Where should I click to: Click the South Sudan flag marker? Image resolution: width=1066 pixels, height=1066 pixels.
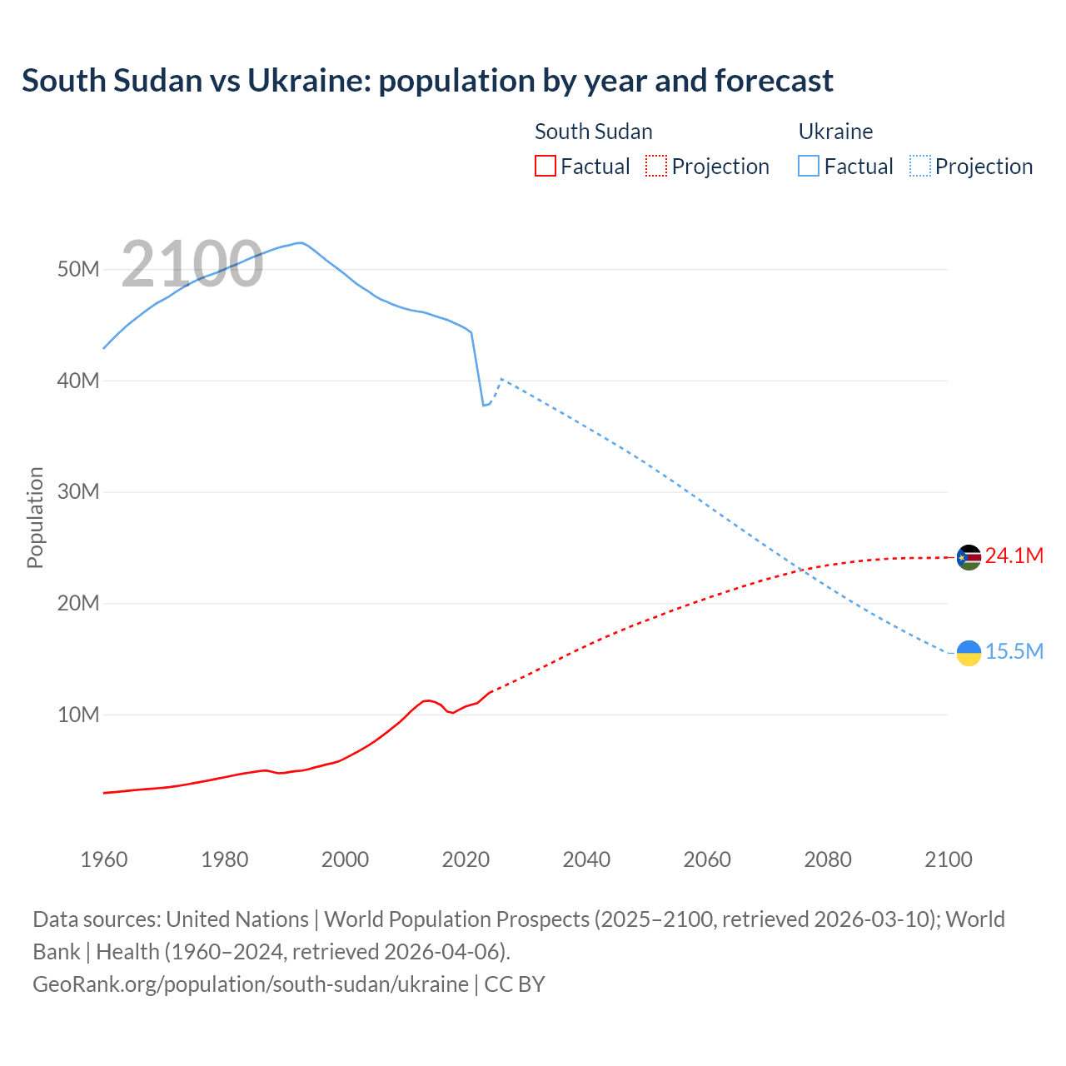(x=969, y=557)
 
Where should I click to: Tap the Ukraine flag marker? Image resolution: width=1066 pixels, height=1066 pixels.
(x=969, y=653)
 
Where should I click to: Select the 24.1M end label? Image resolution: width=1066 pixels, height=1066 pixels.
(x=1014, y=556)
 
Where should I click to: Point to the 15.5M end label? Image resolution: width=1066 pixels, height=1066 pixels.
(x=1014, y=651)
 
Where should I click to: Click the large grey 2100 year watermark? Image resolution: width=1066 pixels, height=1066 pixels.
(x=192, y=264)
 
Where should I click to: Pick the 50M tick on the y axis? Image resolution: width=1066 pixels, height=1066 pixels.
(x=78, y=269)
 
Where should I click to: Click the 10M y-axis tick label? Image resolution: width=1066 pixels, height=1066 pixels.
(x=78, y=715)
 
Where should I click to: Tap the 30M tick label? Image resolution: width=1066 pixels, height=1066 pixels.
(x=78, y=491)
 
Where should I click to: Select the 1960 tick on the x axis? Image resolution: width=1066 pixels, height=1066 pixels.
(x=104, y=859)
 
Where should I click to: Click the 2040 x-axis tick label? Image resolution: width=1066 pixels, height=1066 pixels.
(x=586, y=859)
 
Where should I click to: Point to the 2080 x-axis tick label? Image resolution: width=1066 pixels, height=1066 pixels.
(x=828, y=859)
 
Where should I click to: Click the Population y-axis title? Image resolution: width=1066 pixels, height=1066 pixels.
(x=35, y=517)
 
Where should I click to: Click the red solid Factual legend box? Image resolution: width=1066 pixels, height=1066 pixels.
(x=545, y=166)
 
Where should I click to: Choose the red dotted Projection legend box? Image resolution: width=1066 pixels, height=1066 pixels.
(x=656, y=166)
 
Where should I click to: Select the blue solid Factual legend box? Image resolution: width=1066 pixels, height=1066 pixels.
(x=809, y=166)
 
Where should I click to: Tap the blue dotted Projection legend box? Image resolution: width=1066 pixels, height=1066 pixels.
(x=920, y=166)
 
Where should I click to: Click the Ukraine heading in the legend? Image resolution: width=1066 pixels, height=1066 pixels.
(x=835, y=132)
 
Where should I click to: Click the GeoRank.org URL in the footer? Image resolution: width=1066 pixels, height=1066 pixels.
(x=250, y=984)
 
